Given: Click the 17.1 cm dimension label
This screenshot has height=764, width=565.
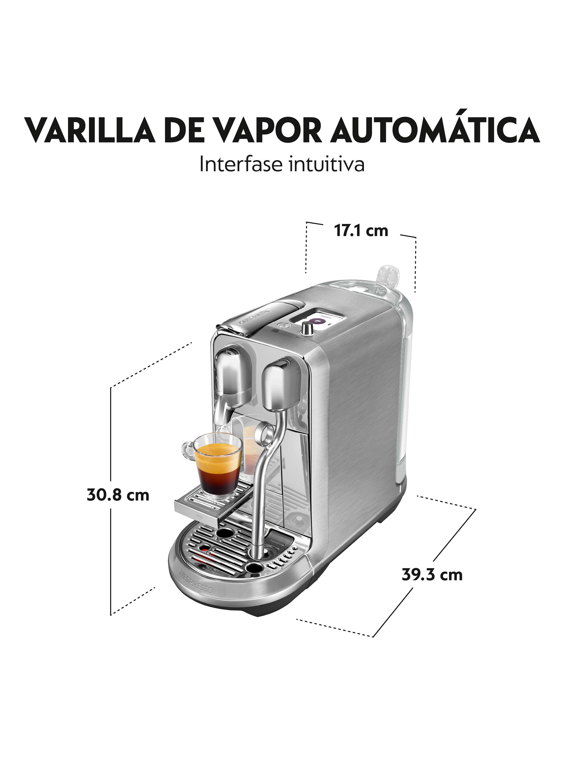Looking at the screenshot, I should pos(361,231).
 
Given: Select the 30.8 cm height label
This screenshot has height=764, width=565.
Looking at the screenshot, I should pos(118,495).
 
